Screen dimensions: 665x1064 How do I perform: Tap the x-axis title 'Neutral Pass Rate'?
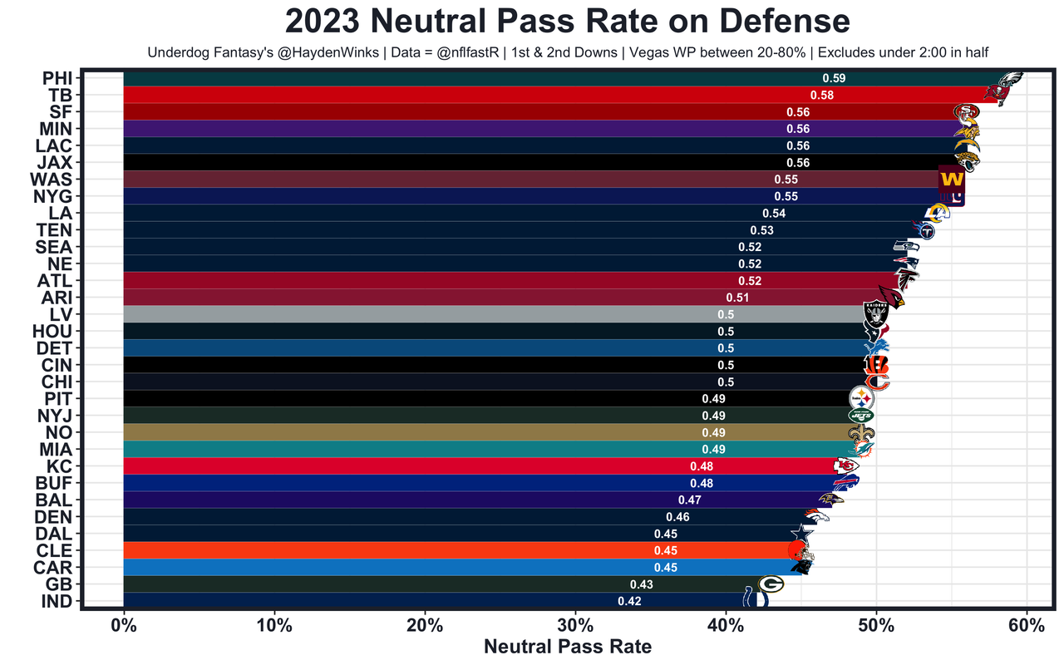[x=568, y=646]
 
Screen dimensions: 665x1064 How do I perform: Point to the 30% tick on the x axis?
[x=574, y=624]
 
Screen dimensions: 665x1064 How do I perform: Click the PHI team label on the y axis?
[x=58, y=78]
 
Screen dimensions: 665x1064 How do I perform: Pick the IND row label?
[x=58, y=601]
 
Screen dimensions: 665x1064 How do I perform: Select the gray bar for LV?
[x=416, y=314]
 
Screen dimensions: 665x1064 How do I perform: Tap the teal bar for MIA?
[x=416, y=449]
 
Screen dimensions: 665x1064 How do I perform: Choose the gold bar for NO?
[x=416, y=432]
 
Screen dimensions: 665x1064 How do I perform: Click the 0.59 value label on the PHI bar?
[x=834, y=78]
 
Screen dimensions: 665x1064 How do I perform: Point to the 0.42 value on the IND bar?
[x=629, y=601]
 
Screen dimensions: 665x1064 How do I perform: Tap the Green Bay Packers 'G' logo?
[x=770, y=584]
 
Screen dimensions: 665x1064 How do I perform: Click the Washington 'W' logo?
[x=951, y=180]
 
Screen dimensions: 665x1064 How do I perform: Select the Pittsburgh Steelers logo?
[x=862, y=399]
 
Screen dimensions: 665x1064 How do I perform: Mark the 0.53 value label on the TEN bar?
[x=761, y=230]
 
